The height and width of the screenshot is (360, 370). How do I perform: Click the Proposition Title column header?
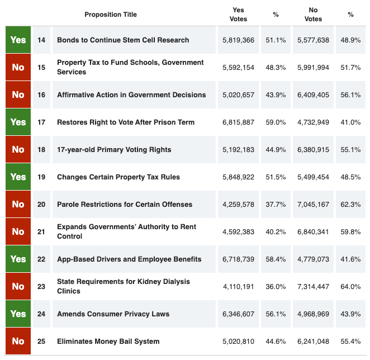(111, 15)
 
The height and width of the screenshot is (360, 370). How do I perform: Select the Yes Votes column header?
(238, 15)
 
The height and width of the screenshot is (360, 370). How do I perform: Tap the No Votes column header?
(313, 15)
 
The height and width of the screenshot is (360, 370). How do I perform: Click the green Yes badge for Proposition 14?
(18, 40)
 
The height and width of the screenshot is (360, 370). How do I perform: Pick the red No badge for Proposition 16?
(18, 95)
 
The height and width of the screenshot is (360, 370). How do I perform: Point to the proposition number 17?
(41, 122)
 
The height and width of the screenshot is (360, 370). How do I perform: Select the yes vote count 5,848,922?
(238, 177)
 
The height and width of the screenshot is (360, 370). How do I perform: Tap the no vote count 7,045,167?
(314, 205)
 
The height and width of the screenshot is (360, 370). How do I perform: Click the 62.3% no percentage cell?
(350, 205)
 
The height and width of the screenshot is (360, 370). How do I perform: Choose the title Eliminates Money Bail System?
(108, 342)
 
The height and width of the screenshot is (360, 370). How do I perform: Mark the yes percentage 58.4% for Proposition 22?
(276, 259)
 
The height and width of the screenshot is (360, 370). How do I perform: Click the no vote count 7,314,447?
(314, 287)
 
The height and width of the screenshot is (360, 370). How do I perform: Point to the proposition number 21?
(41, 232)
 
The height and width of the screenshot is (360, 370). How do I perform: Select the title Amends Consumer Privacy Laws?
(113, 314)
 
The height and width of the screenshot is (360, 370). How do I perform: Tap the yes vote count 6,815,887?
(238, 122)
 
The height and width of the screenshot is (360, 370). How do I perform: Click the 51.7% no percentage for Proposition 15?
(350, 68)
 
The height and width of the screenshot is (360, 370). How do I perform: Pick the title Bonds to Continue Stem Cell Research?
(123, 40)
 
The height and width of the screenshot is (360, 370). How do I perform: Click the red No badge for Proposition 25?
(18, 342)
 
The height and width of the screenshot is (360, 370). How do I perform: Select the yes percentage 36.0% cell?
(276, 287)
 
